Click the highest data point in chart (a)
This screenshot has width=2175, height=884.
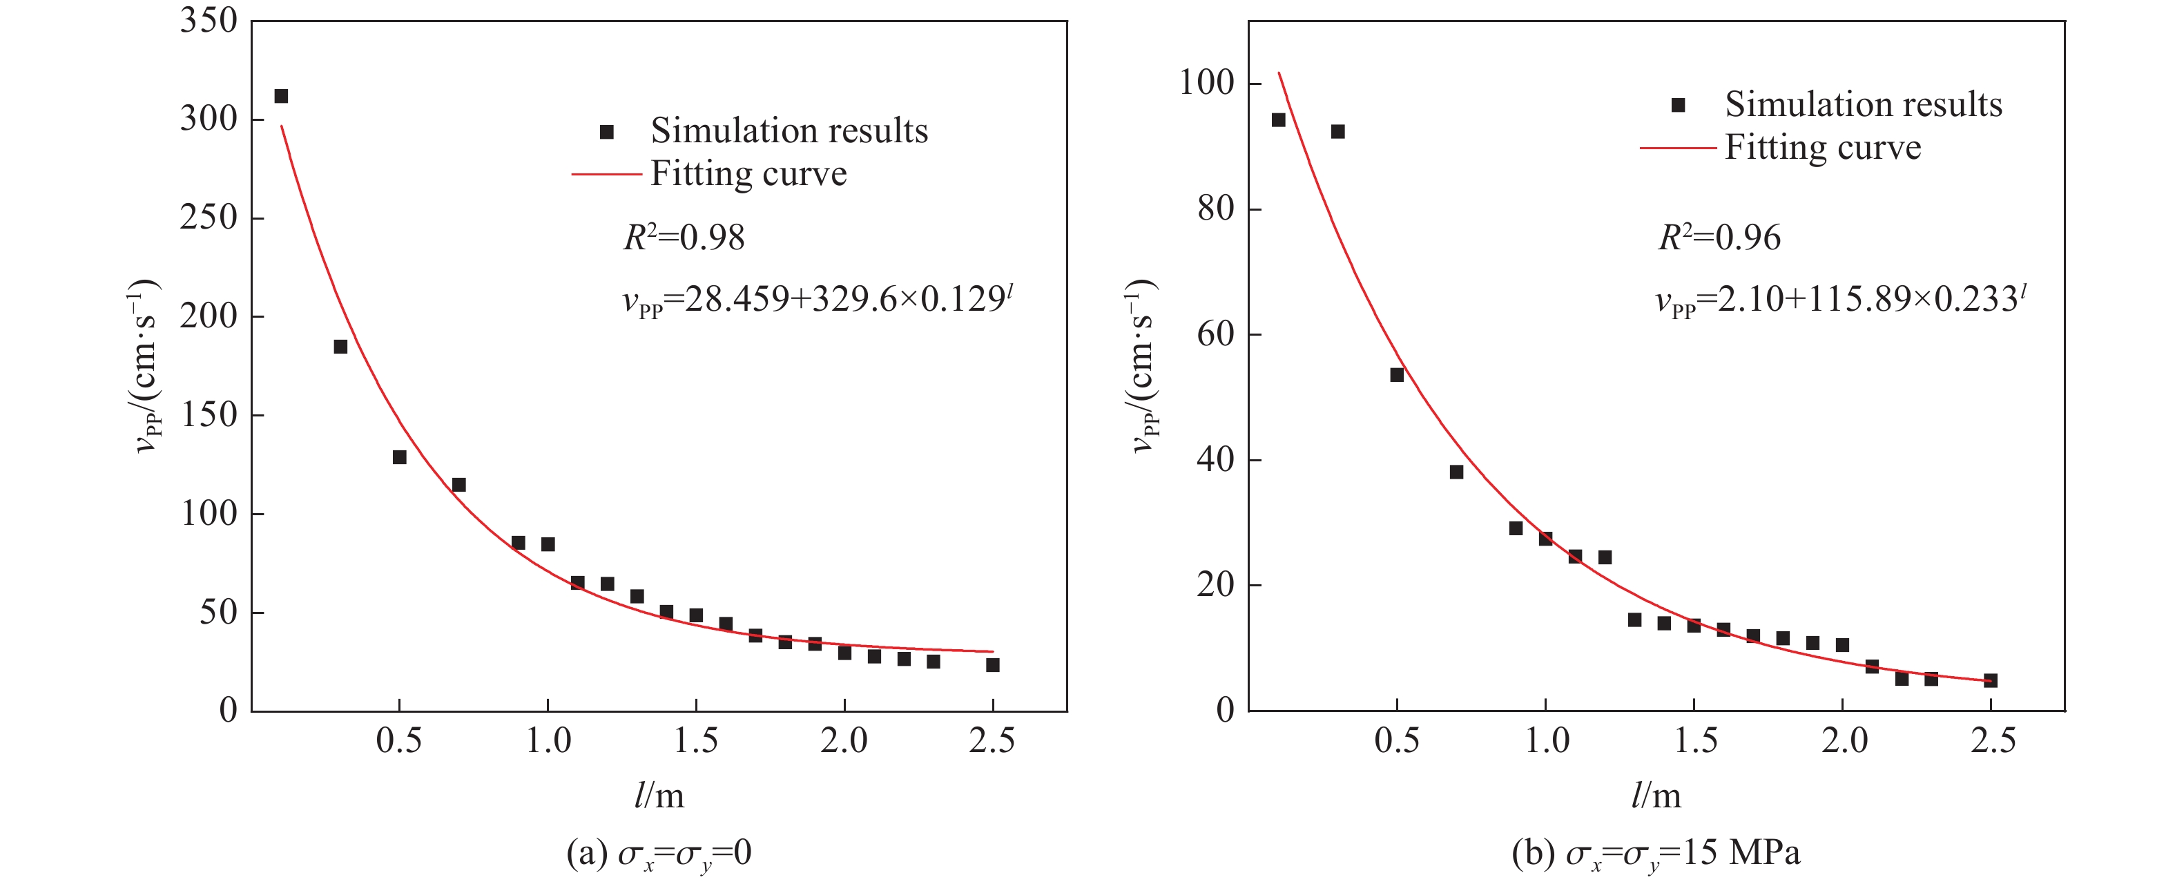coord(281,96)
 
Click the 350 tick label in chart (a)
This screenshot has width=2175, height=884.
coord(209,20)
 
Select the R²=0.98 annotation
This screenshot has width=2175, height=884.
coord(684,238)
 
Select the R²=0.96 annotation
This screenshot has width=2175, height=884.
coord(1719,238)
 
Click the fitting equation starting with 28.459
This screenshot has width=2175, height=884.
coord(818,300)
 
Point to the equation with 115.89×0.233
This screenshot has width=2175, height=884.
coord(1841,300)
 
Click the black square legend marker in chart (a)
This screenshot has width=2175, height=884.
coord(606,132)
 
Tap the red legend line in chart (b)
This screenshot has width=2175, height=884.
coord(1678,148)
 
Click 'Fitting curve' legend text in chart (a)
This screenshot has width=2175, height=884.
coord(748,174)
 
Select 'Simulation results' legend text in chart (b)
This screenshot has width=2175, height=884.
coord(1863,105)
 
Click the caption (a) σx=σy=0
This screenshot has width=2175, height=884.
coord(659,854)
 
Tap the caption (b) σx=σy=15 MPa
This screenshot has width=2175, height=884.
coord(1656,854)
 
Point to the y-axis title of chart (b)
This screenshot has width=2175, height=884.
coord(1143,365)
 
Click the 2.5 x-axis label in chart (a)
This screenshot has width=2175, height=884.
coord(992,741)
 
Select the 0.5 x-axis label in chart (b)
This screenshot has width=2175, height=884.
coord(1397,741)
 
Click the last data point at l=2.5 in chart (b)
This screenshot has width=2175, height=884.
coord(1990,680)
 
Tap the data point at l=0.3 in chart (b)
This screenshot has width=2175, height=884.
coord(1337,132)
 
